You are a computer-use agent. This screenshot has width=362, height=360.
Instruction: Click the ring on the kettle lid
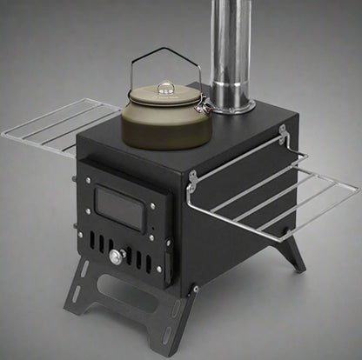coord(164,87)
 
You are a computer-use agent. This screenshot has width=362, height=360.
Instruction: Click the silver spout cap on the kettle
coord(202,105)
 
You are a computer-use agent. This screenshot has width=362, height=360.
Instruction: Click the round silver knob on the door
coord(116,257)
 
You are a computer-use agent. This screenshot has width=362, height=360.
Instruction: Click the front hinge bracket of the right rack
coord(191,178)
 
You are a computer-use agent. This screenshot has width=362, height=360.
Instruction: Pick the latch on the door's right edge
coord(156,235)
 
